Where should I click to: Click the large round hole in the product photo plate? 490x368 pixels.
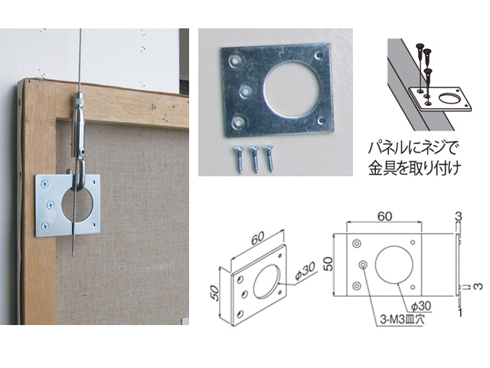coord(292,87)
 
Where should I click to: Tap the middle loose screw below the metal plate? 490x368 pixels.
coord(253,159)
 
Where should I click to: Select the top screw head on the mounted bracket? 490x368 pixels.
coord(44,185)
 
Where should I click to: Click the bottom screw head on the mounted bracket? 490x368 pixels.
coord(45,226)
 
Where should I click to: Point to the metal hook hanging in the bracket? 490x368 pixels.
coord(80,176)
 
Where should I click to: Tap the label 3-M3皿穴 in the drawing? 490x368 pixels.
coord(402,320)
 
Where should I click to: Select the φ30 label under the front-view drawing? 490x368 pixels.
coord(420,306)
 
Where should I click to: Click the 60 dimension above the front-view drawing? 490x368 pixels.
coord(384,216)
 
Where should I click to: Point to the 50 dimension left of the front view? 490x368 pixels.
coord(328,264)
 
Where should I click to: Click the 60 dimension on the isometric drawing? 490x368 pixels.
coord(259,238)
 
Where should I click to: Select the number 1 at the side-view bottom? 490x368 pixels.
coord(459,312)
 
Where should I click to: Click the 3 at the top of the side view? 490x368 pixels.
coord(459,216)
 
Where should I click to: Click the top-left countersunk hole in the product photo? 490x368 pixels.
coord(235,60)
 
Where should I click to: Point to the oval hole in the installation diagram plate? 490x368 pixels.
coord(449,99)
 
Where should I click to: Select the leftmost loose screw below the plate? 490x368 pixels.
coord(238,160)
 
